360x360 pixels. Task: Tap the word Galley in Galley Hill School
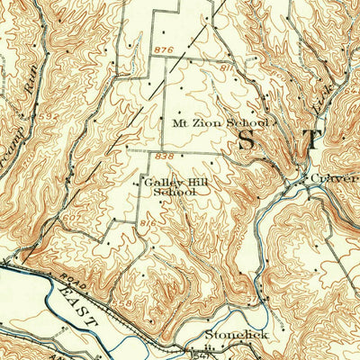point(157,182)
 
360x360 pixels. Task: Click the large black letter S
point(246,139)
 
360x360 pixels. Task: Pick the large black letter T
point(310,139)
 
